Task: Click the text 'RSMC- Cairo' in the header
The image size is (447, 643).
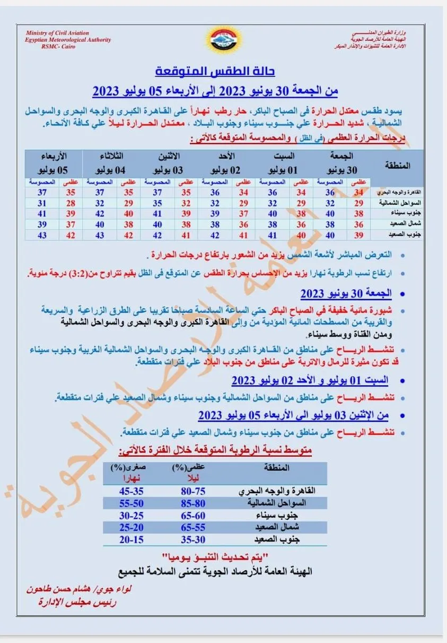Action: (x=58, y=47)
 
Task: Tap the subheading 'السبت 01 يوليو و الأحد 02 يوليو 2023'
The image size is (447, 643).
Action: (x=310, y=381)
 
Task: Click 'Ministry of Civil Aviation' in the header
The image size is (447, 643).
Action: (x=58, y=34)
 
